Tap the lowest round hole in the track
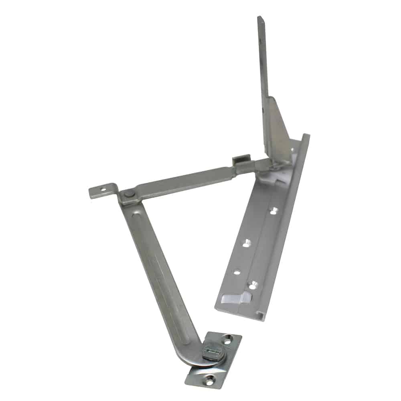[x=252, y=286]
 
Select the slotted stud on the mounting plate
[x=212, y=352]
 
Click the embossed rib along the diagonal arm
[x=160, y=261]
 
